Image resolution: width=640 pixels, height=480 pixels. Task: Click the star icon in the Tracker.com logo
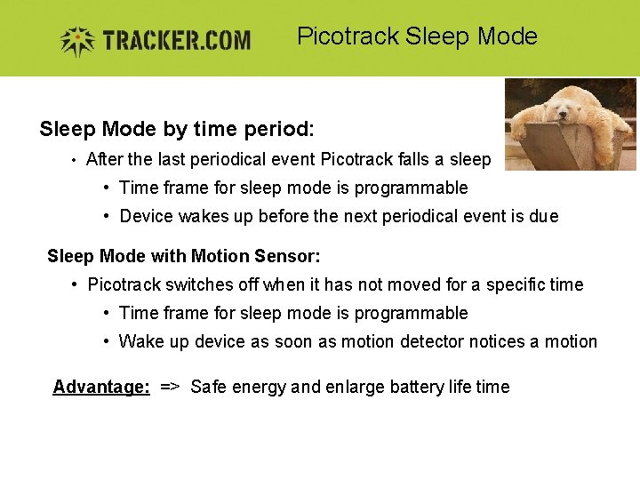(77, 40)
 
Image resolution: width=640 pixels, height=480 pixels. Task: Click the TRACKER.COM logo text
(176, 41)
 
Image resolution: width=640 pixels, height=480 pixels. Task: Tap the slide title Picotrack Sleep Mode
(417, 36)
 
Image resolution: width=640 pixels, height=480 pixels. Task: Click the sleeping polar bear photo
(570, 124)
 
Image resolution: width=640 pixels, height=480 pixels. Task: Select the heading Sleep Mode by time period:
(177, 130)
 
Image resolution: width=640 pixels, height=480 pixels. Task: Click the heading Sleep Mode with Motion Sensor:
(183, 257)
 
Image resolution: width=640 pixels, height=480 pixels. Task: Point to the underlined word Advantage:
(101, 387)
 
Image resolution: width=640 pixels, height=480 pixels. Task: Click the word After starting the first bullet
(105, 160)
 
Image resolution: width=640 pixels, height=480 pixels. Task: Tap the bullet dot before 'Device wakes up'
(106, 216)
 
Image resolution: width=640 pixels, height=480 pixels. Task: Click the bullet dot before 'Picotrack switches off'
(75, 285)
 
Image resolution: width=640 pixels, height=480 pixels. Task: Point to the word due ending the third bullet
(543, 216)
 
